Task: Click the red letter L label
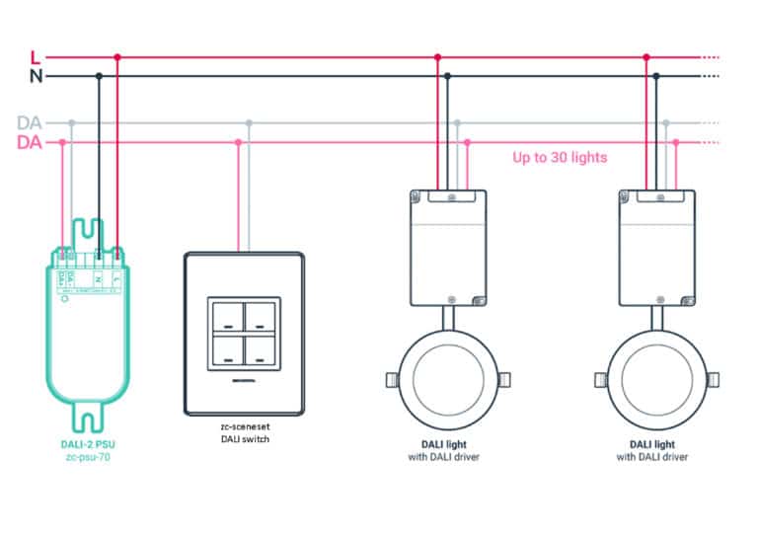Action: pos(37,57)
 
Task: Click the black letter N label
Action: pos(37,76)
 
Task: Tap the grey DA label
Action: pos(30,123)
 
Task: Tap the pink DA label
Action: pos(30,143)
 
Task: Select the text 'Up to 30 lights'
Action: pos(560,157)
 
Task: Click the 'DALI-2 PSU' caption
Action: pos(89,444)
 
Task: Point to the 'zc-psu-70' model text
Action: pos(89,457)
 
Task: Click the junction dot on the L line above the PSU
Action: pos(117,57)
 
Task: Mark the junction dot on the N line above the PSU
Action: pos(98,76)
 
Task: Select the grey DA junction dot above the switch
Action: pos(249,123)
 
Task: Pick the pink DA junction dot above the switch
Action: pos(238,142)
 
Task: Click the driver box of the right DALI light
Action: pos(656,247)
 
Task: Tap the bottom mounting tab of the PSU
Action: pos(89,421)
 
